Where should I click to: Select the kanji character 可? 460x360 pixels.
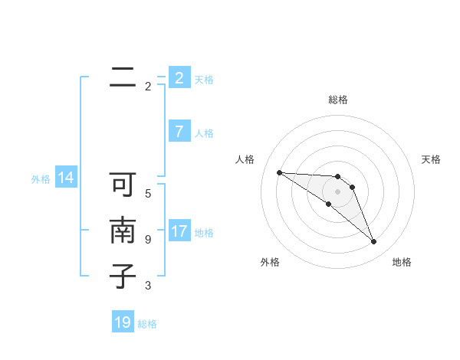123,185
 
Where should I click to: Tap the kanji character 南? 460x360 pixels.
123,231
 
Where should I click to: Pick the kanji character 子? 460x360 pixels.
123,276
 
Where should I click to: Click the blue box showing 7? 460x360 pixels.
179,132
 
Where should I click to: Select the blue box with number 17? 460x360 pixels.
179,231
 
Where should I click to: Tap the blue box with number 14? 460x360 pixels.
66,178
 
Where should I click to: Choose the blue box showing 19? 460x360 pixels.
123,322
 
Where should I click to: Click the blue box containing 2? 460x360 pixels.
179,78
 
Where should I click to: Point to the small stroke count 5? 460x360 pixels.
148,194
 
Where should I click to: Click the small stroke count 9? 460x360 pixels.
148,240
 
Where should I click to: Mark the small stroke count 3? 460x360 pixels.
148,286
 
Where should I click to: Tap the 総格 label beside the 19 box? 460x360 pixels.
147,324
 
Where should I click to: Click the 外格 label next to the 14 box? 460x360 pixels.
41,179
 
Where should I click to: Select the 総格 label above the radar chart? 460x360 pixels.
338,100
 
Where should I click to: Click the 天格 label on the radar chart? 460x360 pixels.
431,159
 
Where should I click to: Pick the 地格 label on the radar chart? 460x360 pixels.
402,262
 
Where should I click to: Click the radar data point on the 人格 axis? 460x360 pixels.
279,172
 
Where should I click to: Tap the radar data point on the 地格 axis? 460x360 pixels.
373,242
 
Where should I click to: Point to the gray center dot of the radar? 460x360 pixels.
338,191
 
